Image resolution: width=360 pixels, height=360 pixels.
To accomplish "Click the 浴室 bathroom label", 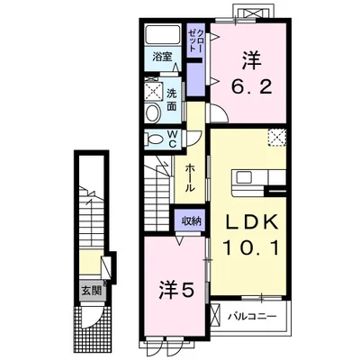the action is click(162, 57).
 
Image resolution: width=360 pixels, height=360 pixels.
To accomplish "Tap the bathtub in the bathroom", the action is click(163, 35).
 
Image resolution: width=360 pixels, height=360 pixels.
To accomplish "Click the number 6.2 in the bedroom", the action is click(252, 87).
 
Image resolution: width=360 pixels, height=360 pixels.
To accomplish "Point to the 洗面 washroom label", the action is click(171, 100).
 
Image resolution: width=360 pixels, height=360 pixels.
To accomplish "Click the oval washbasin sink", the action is click(153, 112).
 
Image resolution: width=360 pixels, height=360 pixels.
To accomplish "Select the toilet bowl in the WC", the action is click(153, 139).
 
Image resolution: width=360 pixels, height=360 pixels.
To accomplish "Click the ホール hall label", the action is click(190, 178).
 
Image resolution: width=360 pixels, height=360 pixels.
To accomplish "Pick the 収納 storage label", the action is click(191, 221).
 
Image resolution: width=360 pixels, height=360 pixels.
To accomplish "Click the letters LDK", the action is click(251, 223).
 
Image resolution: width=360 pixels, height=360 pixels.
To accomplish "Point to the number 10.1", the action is click(251, 248).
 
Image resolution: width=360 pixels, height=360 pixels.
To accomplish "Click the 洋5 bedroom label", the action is click(176, 291).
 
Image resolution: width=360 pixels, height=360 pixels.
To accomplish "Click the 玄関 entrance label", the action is click(92, 291).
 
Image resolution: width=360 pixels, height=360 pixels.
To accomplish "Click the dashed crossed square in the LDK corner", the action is click(277, 138).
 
